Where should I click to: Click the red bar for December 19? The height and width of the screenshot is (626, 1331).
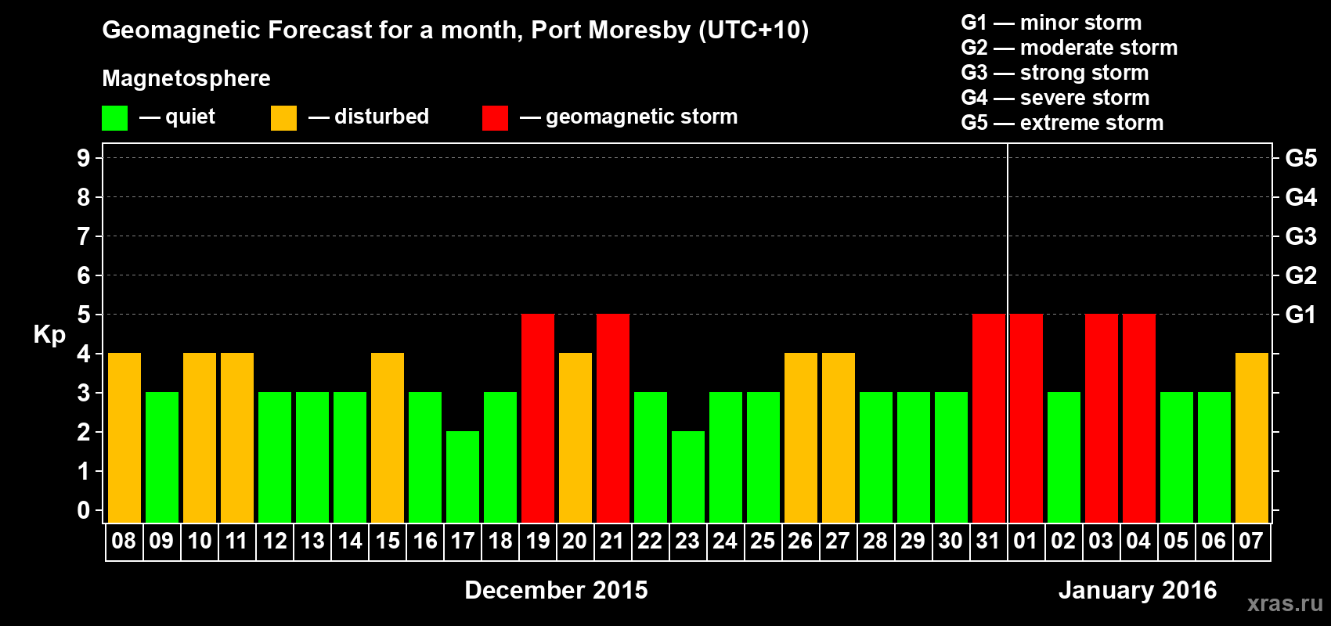538,419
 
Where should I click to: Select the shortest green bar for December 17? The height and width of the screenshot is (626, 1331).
463,477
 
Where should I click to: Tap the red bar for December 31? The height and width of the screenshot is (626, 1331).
989,419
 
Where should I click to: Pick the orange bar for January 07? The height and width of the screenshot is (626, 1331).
1251,438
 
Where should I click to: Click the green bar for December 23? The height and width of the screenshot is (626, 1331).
688,477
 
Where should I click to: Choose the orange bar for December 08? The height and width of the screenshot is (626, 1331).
124,438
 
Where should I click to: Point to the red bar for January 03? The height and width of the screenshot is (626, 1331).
1102,419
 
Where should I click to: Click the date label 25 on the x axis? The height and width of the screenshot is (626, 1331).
763,541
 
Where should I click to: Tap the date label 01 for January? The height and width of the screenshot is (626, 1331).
1026,541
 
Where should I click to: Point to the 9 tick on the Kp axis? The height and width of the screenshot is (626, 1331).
84,158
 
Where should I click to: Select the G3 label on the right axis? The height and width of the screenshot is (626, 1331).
1300,236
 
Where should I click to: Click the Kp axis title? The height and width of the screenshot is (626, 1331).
49,335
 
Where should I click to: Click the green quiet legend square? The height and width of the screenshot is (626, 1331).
115,118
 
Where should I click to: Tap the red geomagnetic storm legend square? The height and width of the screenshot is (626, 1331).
495,118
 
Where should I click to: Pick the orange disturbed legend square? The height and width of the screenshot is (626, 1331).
283,118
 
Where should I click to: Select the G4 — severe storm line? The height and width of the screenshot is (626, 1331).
1055,98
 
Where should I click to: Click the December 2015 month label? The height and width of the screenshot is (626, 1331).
556,590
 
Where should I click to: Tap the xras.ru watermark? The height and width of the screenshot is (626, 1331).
1284,603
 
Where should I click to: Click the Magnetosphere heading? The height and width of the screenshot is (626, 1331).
186,78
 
